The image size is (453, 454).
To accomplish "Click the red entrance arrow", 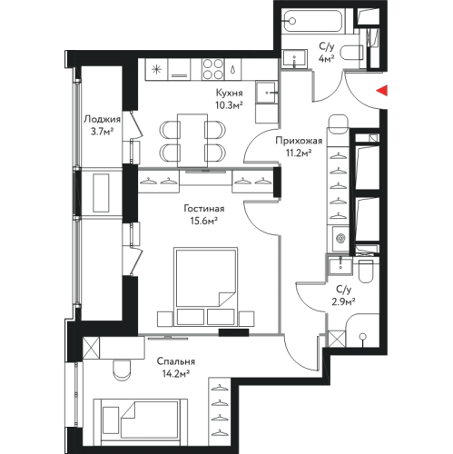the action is click(382, 90).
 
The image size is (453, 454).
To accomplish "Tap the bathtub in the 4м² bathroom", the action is click(313, 21).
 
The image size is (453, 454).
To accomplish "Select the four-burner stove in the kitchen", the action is click(213, 69).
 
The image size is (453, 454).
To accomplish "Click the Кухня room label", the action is click(229, 93).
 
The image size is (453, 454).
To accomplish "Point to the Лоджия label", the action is click(102, 119).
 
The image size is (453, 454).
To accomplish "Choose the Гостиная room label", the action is click(204, 209).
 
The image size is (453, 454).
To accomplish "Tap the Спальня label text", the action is click(176, 361).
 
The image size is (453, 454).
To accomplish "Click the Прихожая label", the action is click(299, 141).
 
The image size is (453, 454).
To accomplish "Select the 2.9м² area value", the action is click(343, 301).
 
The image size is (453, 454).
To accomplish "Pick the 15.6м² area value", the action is click(204, 222).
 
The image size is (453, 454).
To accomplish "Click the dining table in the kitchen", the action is click(192, 141).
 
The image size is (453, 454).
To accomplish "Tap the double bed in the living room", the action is click(205, 287).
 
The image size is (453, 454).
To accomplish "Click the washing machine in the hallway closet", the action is click(340, 239).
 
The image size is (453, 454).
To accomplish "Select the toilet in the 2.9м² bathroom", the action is click(366, 270).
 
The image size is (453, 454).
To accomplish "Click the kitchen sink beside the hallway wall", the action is click(266, 92).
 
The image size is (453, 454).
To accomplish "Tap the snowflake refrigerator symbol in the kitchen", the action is click(156, 70).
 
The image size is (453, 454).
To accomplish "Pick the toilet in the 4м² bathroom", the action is click(351, 53).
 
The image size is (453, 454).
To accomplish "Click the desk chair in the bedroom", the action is click(123, 370).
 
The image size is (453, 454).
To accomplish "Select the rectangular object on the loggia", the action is click(101, 192).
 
